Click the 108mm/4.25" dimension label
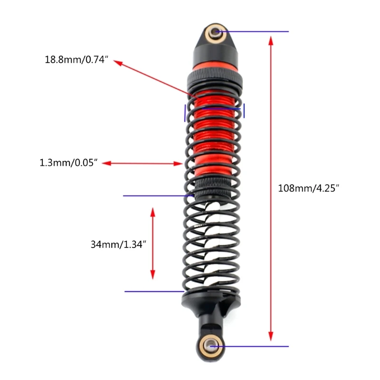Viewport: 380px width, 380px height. click(308, 188)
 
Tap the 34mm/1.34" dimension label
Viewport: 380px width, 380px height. click(118, 245)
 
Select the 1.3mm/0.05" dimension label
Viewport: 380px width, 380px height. click(68, 162)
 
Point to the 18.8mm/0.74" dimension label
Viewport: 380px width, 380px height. click(76, 60)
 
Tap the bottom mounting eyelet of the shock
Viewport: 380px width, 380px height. click(210, 346)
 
